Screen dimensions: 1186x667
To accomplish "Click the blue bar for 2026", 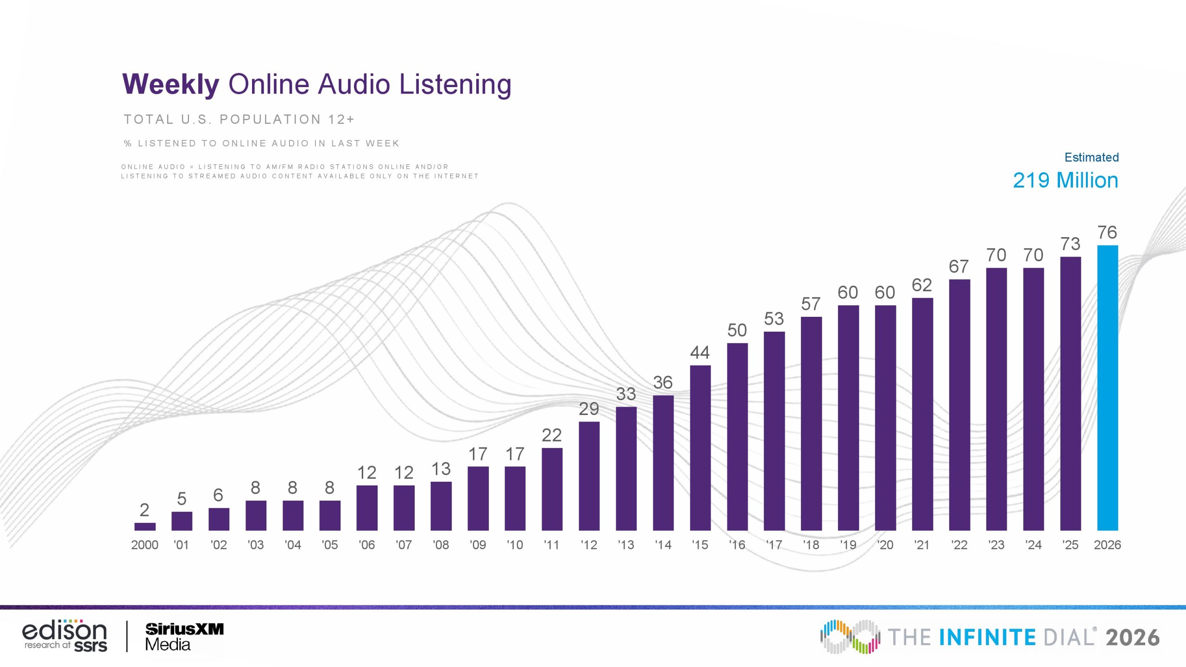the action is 1107,388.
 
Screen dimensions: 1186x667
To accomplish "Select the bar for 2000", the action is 145,527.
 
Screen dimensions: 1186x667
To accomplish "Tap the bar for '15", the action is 700,448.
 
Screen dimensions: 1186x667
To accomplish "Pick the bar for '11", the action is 552,489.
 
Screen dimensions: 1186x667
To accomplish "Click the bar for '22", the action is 959,405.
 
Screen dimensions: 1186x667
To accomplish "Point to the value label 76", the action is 1107,232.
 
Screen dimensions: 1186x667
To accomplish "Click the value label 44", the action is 700,352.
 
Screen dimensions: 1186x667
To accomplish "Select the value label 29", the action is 589,409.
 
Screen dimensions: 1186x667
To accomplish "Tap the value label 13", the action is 441,469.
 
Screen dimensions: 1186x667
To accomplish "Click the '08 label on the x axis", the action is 441,545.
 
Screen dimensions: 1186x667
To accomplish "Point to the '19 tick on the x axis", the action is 848,545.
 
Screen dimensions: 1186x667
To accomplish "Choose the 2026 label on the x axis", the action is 1107,545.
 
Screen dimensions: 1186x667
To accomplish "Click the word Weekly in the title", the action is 170,85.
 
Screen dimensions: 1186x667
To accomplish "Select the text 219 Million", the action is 1066,180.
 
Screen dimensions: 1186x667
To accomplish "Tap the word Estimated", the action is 1091,157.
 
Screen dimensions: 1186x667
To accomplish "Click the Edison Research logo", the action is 65,636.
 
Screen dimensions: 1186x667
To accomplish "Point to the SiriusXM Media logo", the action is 184,637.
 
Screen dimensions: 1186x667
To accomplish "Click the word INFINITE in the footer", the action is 987,637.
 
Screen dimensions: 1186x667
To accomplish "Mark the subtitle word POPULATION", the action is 270,120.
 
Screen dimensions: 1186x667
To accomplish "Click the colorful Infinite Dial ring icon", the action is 850,637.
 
